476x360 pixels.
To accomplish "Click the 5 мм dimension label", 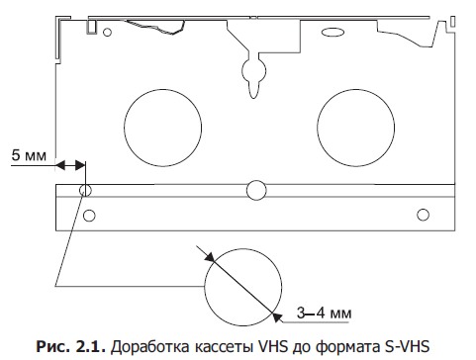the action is (x=29, y=155).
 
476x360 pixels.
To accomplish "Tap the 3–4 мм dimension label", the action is (x=324, y=313).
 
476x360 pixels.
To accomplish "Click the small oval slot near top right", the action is (x=333, y=33).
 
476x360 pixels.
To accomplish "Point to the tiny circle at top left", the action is (x=107, y=33).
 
